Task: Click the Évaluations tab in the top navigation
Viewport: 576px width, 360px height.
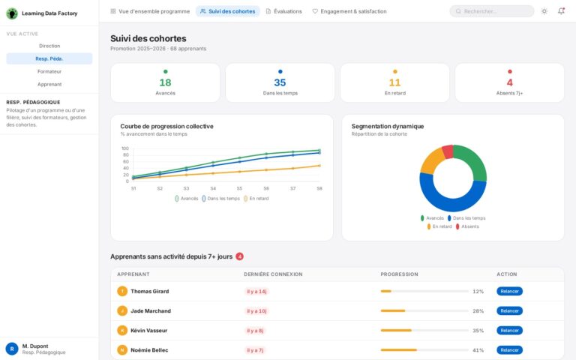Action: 283,11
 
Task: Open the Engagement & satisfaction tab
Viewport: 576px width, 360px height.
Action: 349,11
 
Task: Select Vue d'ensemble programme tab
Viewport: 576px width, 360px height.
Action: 149,11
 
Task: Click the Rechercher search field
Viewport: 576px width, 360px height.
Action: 492,11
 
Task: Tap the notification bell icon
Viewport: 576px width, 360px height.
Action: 562,11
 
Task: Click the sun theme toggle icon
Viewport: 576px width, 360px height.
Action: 544,11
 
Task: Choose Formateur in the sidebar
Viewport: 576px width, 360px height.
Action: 49,71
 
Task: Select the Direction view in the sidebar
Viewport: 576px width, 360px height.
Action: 49,46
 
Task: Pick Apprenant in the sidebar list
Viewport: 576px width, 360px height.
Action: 49,84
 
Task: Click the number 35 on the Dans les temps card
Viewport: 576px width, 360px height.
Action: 280,82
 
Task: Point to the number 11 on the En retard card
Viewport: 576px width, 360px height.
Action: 394,82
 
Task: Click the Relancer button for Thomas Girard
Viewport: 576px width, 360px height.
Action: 509,291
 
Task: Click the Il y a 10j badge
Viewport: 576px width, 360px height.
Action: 256,310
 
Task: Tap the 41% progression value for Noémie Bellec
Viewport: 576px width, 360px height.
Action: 478,349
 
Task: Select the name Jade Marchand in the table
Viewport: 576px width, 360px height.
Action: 151,310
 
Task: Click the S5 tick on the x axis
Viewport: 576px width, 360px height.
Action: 239,188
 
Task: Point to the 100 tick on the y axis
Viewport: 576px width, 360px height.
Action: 125,148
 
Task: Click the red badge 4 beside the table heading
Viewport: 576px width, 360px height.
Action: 240,256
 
